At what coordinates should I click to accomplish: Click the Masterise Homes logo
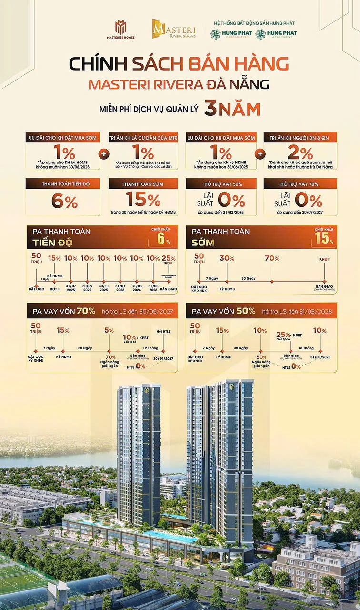click(x=120, y=30)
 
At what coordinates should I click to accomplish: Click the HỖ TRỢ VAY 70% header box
click(x=300, y=183)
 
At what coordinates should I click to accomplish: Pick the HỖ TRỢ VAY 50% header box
click(x=221, y=183)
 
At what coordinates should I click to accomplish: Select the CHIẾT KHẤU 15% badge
click(x=324, y=236)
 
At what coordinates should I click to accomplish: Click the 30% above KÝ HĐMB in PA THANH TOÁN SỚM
click(x=227, y=258)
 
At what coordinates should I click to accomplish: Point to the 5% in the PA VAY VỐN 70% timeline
click(x=109, y=330)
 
